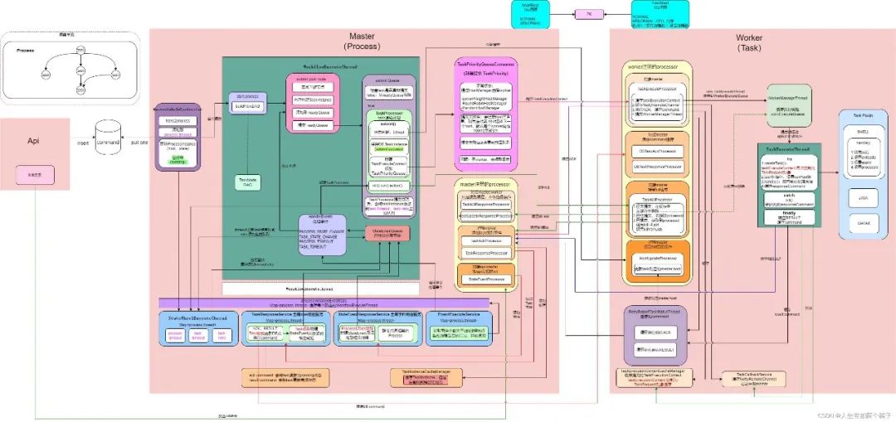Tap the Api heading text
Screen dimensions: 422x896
pyautogui.click(x=34, y=142)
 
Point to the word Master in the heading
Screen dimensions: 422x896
pyautogui.click(x=362, y=37)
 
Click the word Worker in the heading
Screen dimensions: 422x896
pyautogui.click(x=749, y=38)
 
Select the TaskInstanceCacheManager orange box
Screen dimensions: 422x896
pyautogui.click(x=426, y=377)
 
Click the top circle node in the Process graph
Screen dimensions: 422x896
pyautogui.click(x=80, y=50)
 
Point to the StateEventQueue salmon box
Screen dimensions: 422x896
pyautogui.click(x=387, y=234)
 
